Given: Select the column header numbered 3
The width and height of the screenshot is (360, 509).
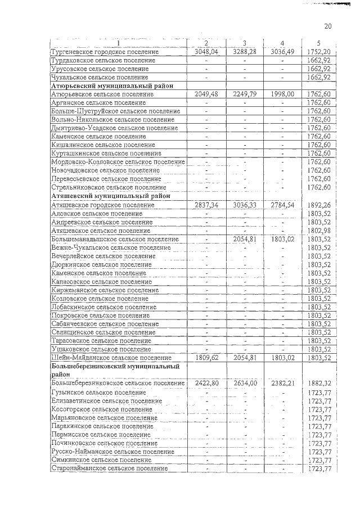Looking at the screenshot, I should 245,43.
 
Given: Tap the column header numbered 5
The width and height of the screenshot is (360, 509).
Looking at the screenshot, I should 319,43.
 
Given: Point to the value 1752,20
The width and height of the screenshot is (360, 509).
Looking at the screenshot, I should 319,52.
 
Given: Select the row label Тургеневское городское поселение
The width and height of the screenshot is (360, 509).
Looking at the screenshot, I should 105,52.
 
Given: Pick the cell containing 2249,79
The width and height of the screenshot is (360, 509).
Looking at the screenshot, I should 245,94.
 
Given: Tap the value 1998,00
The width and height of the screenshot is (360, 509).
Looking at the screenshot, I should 282,94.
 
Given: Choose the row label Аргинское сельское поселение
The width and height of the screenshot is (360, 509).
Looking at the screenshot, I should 96,103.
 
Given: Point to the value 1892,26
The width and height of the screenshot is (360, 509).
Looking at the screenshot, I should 319,205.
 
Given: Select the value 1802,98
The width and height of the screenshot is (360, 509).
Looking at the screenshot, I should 319,231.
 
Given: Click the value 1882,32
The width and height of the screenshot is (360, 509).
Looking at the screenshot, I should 319,383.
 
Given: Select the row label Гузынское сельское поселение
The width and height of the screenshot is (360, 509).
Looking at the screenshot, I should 98,392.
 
